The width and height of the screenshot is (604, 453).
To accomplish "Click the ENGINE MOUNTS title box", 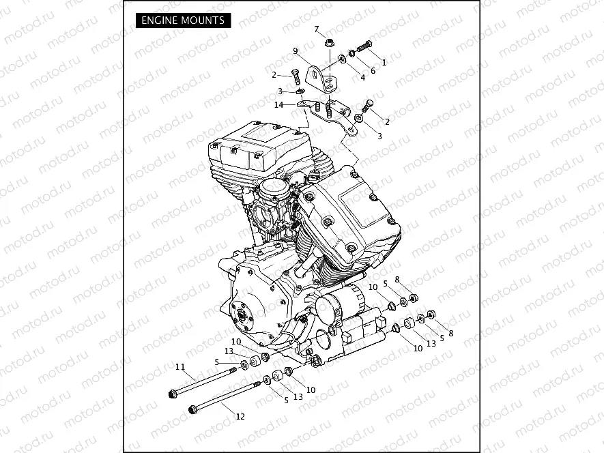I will coord(182,20).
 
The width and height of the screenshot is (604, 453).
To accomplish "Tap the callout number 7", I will coord(317,29).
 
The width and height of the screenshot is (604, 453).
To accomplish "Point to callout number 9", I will coord(296,51).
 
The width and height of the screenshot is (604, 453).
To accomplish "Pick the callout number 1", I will coord(384,62).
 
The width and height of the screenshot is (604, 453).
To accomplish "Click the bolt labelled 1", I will coord(364,47).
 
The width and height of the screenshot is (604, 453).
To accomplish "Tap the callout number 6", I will coord(373,70).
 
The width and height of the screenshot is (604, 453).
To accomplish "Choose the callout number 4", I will coord(362,78).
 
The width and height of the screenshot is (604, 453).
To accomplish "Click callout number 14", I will coord(278,104).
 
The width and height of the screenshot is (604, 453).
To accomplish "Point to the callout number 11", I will coord(180,367).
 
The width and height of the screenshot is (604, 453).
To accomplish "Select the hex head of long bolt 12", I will coord(193,410).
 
